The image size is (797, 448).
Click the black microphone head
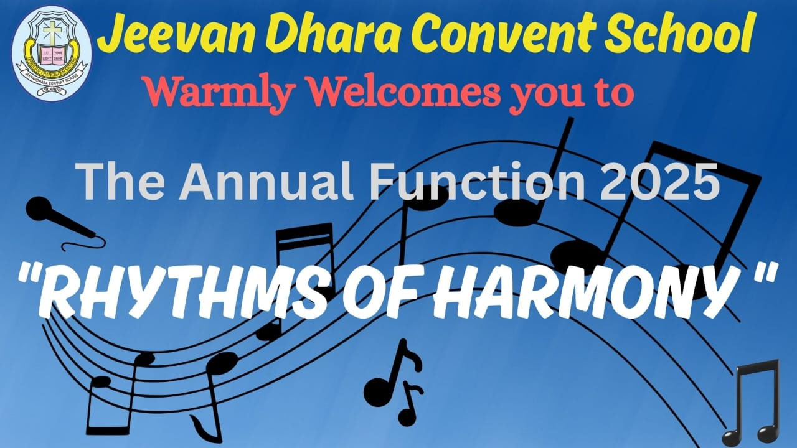pos(39,210)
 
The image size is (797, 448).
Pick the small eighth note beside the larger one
pos(410,404)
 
